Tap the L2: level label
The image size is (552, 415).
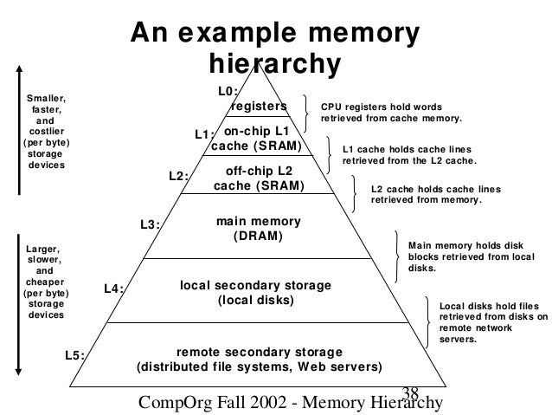pyautogui.click(x=178, y=177)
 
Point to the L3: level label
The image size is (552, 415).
pyautogui.click(x=151, y=225)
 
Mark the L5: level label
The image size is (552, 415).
pyautogui.click(x=75, y=355)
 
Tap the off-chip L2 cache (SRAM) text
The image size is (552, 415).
pyautogui.click(x=259, y=178)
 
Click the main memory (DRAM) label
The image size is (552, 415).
pyautogui.click(x=258, y=229)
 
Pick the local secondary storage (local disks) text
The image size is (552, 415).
pyautogui.click(x=255, y=293)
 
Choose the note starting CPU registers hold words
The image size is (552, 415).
pyautogui.click(x=392, y=112)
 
